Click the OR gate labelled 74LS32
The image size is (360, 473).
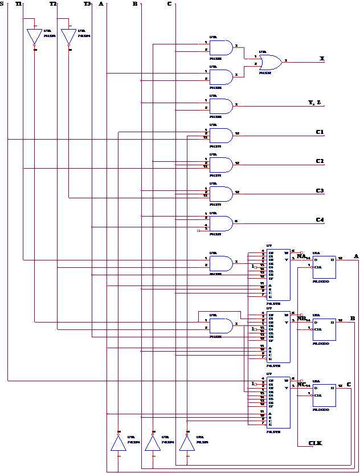[270, 62]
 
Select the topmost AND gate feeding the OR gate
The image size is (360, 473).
[221, 48]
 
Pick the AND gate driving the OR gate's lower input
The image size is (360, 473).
[221, 77]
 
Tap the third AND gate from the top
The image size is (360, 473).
[221, 107]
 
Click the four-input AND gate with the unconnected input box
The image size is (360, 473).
[221, 223]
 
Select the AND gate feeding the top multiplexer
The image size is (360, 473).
[221, 263]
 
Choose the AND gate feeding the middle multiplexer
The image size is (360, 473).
[221, 326]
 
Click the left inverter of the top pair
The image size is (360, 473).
[34, 36]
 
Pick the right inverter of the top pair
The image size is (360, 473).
[68, 36]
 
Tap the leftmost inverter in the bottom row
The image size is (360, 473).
[118, 443]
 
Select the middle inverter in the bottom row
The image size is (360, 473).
[153, 443]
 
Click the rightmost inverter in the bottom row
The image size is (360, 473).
[187, 443]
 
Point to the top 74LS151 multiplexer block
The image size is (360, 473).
[278, 275]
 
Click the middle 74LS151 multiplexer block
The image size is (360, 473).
[278, 337]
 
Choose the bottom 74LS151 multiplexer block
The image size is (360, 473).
[278, 402]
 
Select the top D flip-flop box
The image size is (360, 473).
[324, 267]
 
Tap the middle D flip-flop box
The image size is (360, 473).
[324, 329]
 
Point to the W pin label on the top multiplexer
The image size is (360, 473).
[287, 252]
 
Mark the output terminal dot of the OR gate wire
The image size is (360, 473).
[324, 62]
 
